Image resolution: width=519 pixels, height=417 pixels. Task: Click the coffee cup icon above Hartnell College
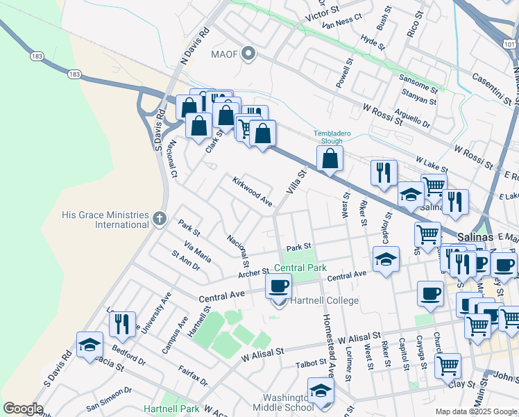[x=279, y=286]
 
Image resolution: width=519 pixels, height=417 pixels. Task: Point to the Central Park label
[x=300, y=268]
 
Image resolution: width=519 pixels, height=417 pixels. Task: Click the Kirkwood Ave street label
[x=252, y=190]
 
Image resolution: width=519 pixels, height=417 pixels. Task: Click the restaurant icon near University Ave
[x=121, y=324]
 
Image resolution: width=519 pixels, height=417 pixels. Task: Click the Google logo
[x=23, y=409]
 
